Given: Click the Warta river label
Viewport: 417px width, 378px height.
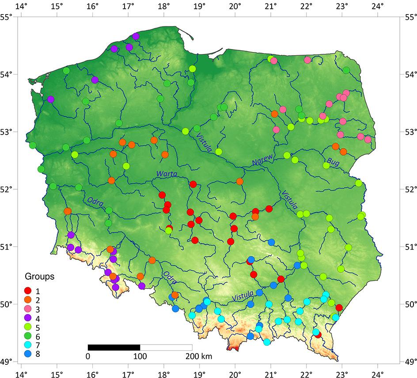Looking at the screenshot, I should (167, 175).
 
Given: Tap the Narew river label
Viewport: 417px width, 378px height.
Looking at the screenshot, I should (263, 161).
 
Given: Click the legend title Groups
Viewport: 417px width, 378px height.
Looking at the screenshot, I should (39, 277).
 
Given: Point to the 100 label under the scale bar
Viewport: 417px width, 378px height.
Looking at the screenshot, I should (140, 356).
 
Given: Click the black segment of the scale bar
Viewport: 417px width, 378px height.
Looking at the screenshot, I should (114, 347).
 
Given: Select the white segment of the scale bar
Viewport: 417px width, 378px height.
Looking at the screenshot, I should (166, 347).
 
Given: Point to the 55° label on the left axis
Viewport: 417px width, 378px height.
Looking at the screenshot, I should (6, 17).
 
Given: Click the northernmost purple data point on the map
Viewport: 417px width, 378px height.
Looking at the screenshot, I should (136, 36).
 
